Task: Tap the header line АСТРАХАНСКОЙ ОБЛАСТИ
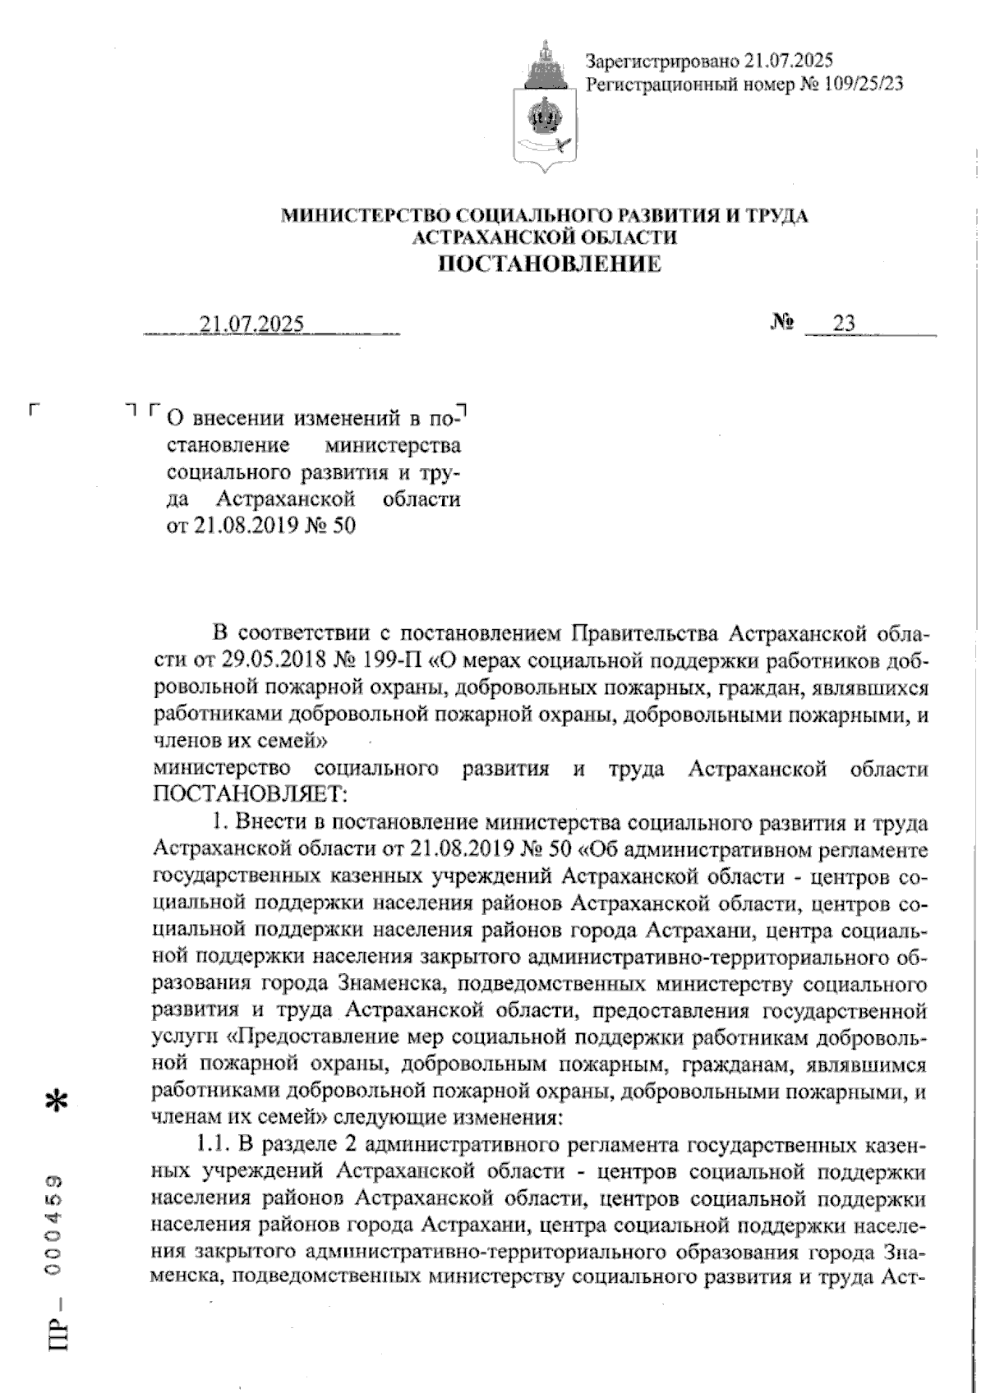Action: (x=546, y=237)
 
